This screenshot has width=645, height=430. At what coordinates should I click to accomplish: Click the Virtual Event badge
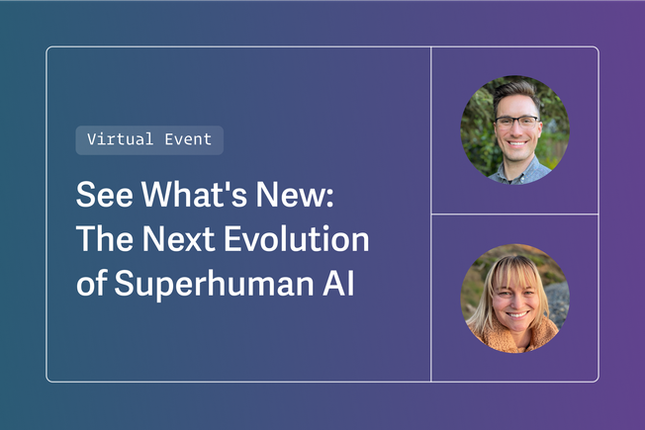click(x=149, y=139)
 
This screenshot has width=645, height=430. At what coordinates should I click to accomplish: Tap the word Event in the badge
click(x=188, y=139)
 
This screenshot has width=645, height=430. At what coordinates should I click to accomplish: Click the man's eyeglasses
click(x=515, y=124)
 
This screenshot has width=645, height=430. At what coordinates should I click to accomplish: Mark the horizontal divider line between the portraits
click(x=514, y=214)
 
